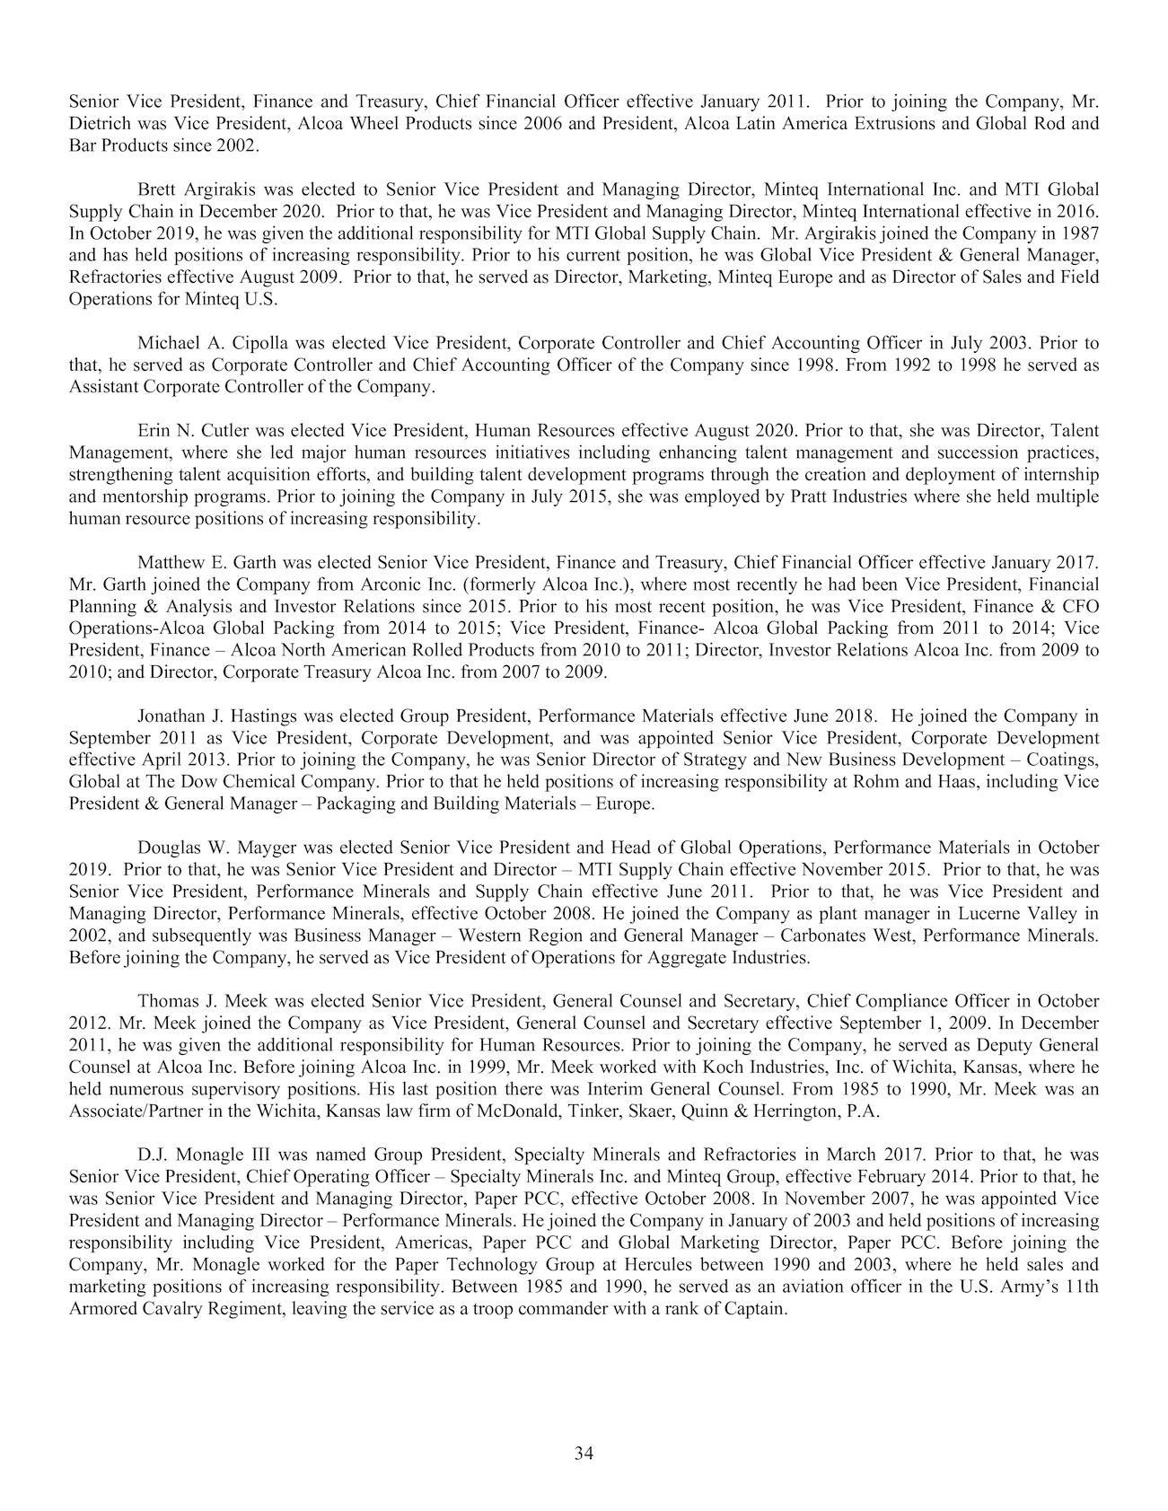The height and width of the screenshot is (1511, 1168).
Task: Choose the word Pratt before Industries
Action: coord(806,496)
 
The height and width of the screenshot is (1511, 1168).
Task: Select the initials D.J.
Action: coord(153,1153)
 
